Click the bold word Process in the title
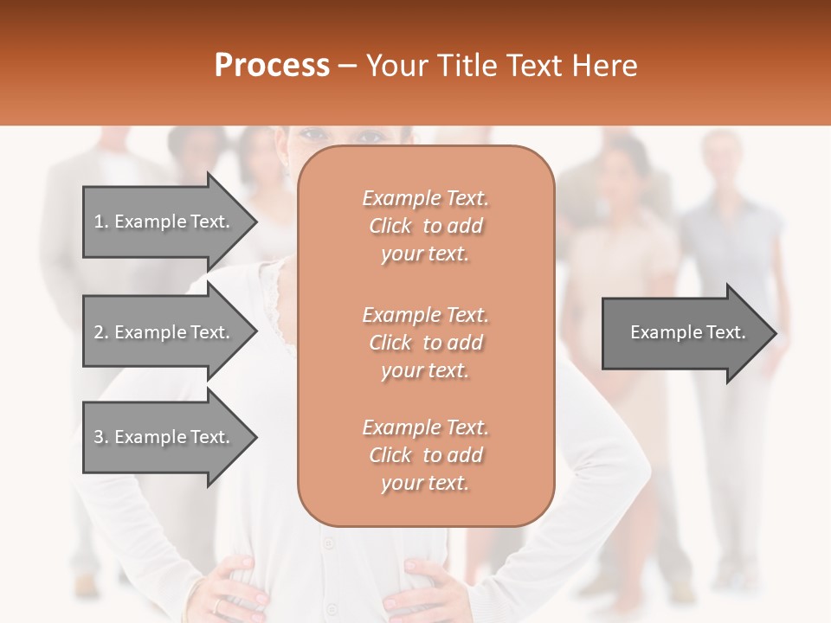(x=272, y=65)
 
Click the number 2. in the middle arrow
(x=101, y=332)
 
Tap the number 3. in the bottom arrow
(x=101, y=437)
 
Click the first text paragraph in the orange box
(x=425, y=226)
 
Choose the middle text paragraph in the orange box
(x=425, y=343)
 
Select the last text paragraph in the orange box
(x=425, y=455)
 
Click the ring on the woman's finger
(x=216, y=606)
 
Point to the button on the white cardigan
(x=328, y=543)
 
